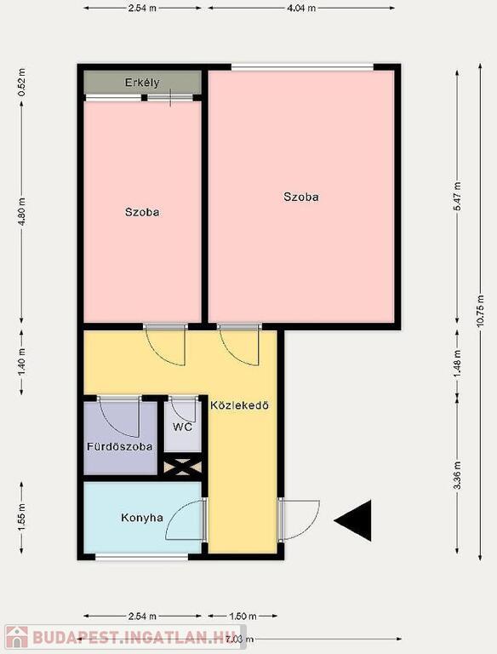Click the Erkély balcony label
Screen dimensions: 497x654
coord(142,83)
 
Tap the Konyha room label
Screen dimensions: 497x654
coord(142,518)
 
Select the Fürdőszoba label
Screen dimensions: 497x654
coord(120,447)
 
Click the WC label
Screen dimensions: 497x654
coord(183,427)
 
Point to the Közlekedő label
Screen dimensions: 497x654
coord(239,405)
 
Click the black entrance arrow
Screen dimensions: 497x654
coord(352,520)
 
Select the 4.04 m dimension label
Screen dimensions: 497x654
coord(301,8)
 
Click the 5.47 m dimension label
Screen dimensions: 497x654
coord(458,197)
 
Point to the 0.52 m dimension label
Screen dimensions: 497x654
coord(21,82)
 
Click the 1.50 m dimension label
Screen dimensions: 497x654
coord(243,616)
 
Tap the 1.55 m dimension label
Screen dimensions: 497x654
coord(21,518)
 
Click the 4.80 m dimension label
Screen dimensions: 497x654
coord(21,212)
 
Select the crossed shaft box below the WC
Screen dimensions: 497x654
coord(183,468)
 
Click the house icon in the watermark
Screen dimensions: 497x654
coord(17,638)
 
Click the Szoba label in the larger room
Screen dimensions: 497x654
coord(301,197)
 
